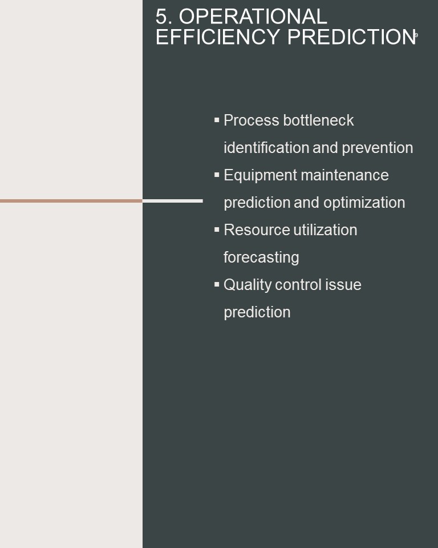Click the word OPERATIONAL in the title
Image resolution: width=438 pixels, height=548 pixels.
pos(253,17)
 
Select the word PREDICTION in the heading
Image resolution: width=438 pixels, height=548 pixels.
pos(352,37)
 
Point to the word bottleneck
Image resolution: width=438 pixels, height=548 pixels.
pos(319,120)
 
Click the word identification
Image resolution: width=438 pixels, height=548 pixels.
pos(266,147)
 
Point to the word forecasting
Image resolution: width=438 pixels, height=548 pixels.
pos(261,258)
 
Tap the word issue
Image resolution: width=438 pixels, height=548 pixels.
pos(343,284)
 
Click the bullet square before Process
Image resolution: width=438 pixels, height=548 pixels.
pos(217,120)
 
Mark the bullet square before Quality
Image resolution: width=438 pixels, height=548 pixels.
pos(217,284)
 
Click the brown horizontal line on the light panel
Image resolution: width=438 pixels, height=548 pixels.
pos(71,201)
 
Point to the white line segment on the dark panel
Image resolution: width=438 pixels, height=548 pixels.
pos(173,201)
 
